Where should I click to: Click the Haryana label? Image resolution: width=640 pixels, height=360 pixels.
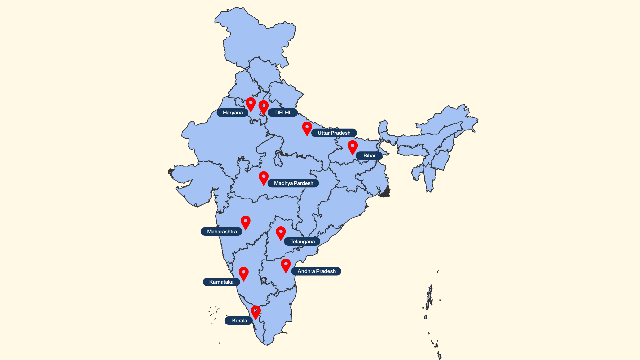pos(232,113)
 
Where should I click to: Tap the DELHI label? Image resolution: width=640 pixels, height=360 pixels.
pos(283,113)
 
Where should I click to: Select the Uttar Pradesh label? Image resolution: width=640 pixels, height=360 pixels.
pos(334,133)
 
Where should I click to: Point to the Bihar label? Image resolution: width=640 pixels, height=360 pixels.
pos(369,156)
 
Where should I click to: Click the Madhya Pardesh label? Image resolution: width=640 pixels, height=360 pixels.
pos(293,183)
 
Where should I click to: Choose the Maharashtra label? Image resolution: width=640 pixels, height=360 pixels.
pos(222,232)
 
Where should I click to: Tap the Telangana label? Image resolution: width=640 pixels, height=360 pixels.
pos(302,242)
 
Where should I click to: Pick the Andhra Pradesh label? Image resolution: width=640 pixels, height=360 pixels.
pos(316,271)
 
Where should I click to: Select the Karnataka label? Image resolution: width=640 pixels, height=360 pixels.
pos(221,282)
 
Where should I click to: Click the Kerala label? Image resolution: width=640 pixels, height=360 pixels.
pos(239,321)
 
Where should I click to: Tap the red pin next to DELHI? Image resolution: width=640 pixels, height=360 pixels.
pos(263,106)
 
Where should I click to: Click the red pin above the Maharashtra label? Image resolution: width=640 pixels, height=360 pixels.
pos(246,222)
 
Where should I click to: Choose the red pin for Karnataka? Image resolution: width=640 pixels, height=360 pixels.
pos(244,273)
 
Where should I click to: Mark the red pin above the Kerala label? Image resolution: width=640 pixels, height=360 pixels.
pos(256,312)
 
